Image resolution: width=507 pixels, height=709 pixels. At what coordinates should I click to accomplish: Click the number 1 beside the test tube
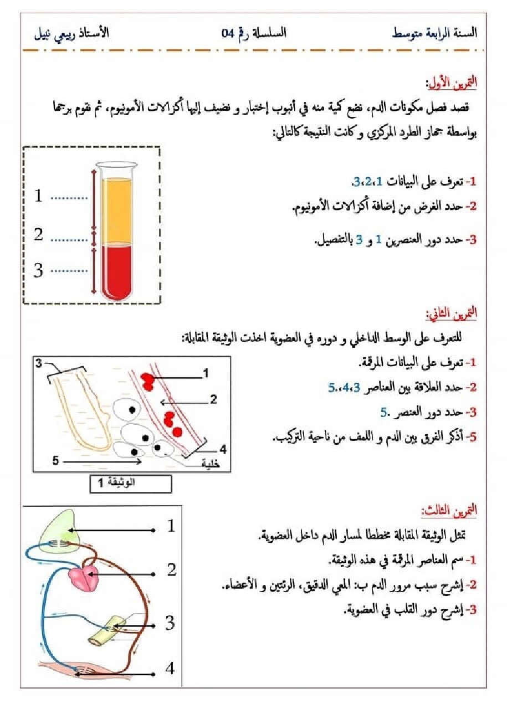[x=38, y=196]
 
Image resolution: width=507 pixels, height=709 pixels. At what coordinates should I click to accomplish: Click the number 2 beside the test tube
[x=38, y=234]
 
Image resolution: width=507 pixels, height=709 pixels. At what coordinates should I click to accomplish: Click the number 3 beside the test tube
[x=38, y=270]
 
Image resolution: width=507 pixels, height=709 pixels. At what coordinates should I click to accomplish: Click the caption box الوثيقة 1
[x=131, y=483]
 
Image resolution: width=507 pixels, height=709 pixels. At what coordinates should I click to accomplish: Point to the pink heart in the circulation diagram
[x=84, y=577]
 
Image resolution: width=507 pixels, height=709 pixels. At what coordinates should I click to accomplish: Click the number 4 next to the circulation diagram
[x=170, y=669]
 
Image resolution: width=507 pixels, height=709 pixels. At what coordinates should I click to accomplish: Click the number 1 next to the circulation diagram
[x=171, y=525]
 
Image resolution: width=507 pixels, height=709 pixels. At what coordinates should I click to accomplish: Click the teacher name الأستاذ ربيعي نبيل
[x=69, y=33]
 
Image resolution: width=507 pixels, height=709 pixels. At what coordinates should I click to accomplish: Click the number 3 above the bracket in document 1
[x=39, y=363]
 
